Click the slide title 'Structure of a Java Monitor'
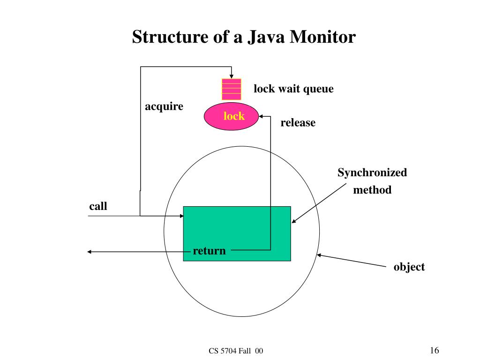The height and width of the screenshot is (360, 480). click(244, 37)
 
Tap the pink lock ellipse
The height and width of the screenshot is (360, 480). click(232, 116)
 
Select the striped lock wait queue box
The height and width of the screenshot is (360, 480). click(232, 89)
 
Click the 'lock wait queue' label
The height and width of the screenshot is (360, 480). click(293, 89)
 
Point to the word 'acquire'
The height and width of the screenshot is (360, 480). click(164, 106)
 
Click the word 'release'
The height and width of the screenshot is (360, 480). click(298, 123)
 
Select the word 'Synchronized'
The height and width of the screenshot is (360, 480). click(372, 172)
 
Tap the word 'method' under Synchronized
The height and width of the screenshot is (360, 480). click(372, 190)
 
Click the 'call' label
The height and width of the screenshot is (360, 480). click(98, 206)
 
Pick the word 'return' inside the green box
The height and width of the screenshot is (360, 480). click(209, 251)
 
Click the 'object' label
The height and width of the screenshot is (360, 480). click(409, 267)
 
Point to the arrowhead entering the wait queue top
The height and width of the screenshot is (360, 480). click(232, 76)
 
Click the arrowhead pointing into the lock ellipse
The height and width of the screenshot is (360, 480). click(262, 116)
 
